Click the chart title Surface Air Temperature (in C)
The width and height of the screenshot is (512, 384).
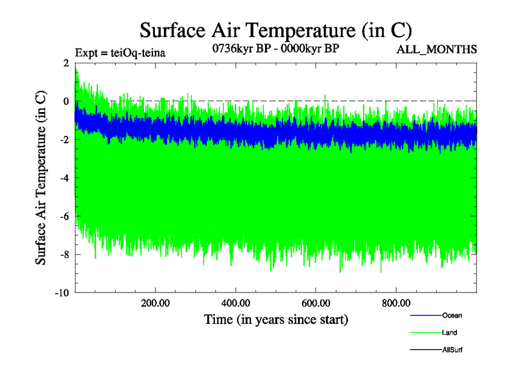pyautogui.click(x=276, y=31)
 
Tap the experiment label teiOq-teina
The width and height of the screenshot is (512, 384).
pyautogui.click(x=120, y=52)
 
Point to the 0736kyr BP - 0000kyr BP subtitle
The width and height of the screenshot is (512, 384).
pyautogui.click(x=275, y=49)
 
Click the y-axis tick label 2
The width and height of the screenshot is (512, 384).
pyautogui.click(x=67, y=63)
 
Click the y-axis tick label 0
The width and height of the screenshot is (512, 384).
pyautogui.click(x=67, y=101)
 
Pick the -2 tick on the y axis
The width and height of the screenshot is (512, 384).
pyautogui.click(x=65, y=140)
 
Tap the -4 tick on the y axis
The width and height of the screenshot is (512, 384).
pyautogui.click(x=65, y=178)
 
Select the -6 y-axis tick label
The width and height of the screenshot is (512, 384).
pyautogui.click(x=65, y=216)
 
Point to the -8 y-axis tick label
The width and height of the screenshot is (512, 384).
pyautogui.click(x=65, y=255)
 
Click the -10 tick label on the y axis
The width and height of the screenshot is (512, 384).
pyautogui.click(x=62, y=293)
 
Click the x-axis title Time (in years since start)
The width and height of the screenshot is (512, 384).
pyautogui.click(x=276, y=319)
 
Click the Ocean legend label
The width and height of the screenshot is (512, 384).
pyautogui.click(x=452, y=316)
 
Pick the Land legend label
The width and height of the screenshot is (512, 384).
pyautogui.click(x=449, y=333)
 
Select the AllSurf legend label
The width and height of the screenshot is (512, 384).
pyautogui.click(x=452, y=349)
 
